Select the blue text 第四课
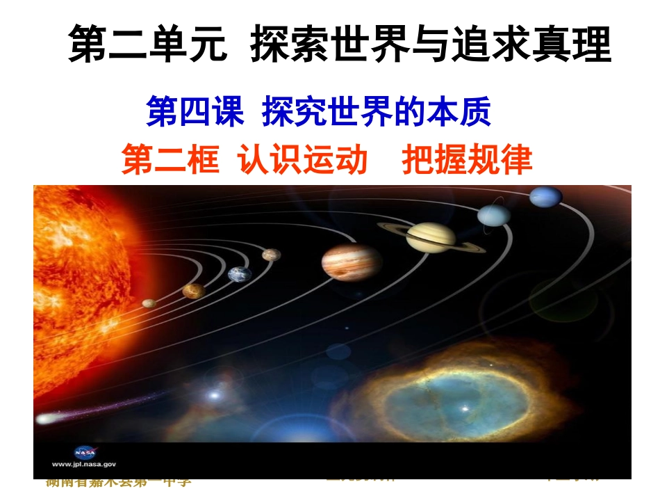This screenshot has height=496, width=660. pyautogui.click(x=195, y=111)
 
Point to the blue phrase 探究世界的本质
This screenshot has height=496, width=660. pyautogui.click(x=377, y=111)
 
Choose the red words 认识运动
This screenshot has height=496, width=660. pyautogui.click(x=302, y=159)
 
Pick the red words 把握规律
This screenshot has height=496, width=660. pyautogui.click(x=467, y=159)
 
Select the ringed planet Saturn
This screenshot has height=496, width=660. pyautogui.click(x=431, y=237)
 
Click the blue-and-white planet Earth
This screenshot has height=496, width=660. pyautogui.click(x=239, y=274)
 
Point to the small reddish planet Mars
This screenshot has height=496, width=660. pyautogui.click(x=271, y=255)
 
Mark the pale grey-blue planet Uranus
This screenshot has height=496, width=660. pyautogui.click(x=494, y=215)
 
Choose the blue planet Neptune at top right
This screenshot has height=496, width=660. pyautogui.click(x=545, y=197)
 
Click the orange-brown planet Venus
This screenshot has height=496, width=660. pyautogui.click(x=193, y=291)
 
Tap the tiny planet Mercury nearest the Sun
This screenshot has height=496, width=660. pyautogui.click(x=148, y=303)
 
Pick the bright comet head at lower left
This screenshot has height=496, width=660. pyautogui.click(x=46, y=419)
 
